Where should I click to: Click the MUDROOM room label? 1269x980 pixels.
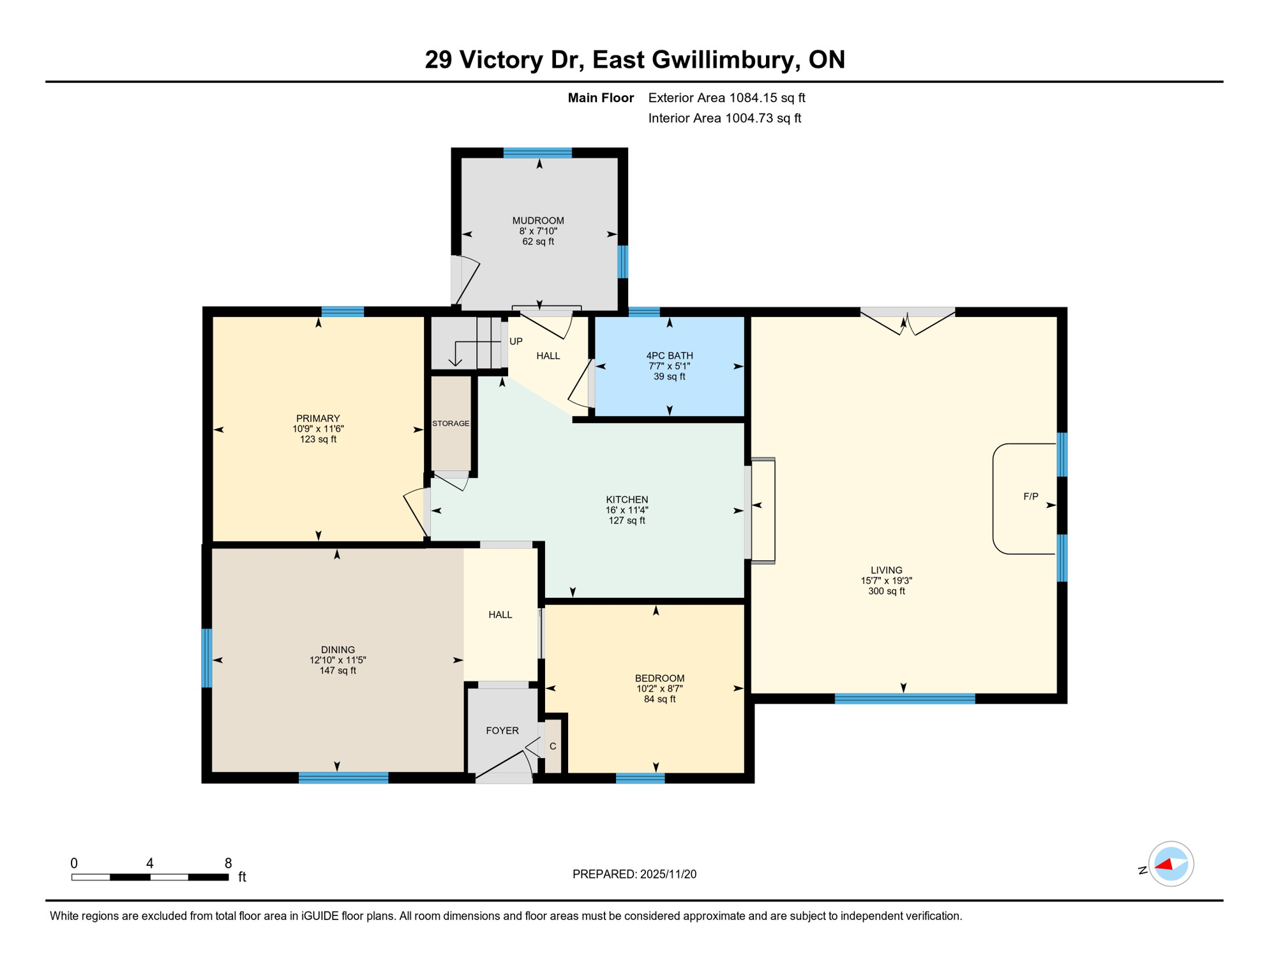click(537, 221)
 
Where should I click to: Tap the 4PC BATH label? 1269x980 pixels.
click(669, 356)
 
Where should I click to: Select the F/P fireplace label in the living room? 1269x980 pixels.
click(1030, 496)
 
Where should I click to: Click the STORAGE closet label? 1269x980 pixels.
click(451, 424)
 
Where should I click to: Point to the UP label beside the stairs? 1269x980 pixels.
click(516, 341)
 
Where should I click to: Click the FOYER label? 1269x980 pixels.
click(502, 731)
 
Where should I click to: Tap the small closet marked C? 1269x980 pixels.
click(553, 746)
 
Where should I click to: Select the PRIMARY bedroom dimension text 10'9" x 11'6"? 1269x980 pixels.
click(318, 429)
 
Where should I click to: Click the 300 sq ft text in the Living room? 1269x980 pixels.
click(886, 591)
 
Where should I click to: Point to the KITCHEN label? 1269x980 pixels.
click(627, 500)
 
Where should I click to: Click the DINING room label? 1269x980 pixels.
click(338, 650)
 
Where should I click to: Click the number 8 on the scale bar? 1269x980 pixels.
click(228, 863)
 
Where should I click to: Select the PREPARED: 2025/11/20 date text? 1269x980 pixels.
click(634, 874)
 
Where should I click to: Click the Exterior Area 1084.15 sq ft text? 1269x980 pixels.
click(726, 98)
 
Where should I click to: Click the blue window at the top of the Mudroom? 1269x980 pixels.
click(537, 152)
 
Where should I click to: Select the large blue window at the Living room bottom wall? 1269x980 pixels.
click(905, 699)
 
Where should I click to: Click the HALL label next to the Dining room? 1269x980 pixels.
click(500, 614)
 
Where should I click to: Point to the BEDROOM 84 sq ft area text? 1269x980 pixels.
click(659, 699)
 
